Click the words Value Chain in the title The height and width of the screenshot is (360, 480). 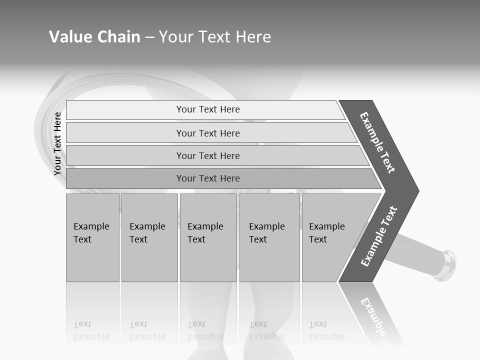click(94, 37)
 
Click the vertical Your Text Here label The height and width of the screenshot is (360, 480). click(58, 144)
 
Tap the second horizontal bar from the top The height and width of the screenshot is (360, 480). click(208, 133)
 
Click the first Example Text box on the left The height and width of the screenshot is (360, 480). click(92, 237)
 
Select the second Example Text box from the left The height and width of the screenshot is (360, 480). click(149, 237)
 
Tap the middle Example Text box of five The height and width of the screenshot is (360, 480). click(208, 237)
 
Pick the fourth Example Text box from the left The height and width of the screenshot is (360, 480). click(269, 237)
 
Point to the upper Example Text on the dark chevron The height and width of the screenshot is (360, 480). click(377, 142)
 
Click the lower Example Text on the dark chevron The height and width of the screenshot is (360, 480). click(379, 236)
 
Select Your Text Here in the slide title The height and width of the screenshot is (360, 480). click(215, 37)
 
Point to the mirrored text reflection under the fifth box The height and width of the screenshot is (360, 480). click(327, 330)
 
